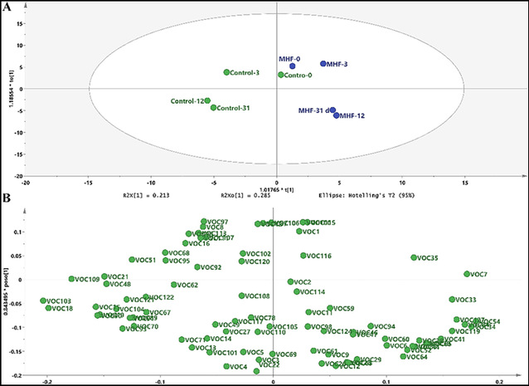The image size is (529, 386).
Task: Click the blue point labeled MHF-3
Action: tap(323, 64)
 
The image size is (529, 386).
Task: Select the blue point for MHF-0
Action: tap(293, 66)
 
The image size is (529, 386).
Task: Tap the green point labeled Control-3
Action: tap(227, 72)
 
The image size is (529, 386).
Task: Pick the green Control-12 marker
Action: tap(207, 100)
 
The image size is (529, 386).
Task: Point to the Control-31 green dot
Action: tap(214, 108)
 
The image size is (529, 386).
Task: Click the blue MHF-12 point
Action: tap(337, 115)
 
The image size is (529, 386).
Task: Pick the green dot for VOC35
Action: tap(415, 258)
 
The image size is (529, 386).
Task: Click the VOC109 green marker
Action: tap(72, 279)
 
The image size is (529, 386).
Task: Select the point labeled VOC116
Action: tap(303, 256)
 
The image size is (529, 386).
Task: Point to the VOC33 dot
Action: tap(452, 300)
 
